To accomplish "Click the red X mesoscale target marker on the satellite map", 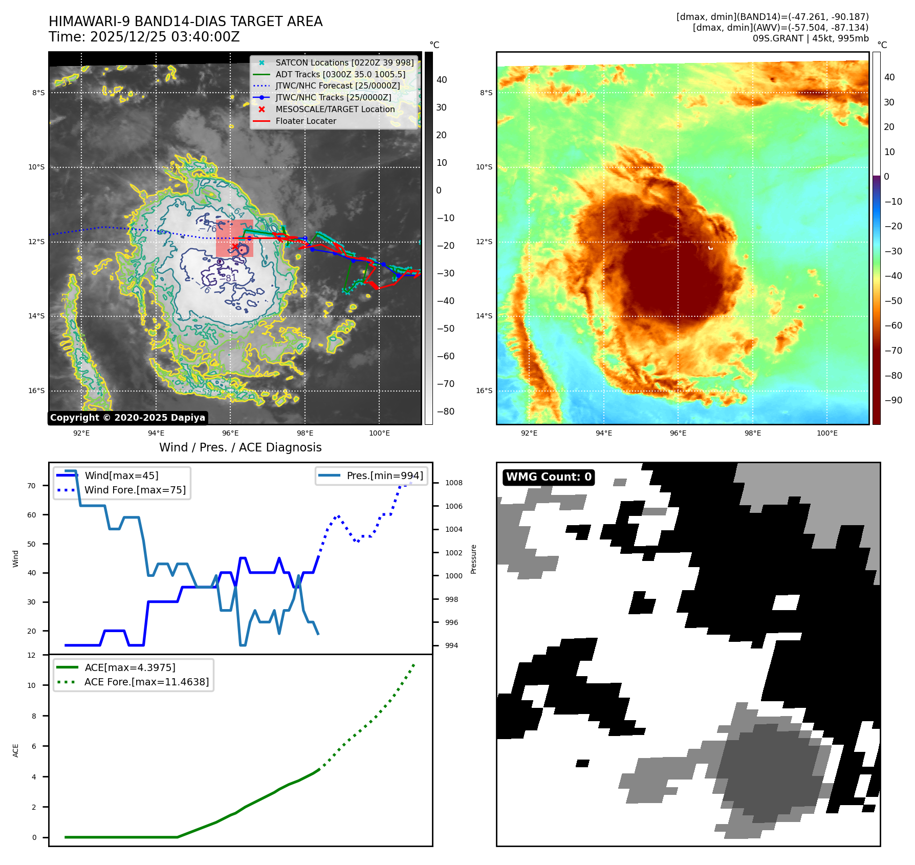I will tap(235, 247).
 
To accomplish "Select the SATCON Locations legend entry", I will tap(344, 62).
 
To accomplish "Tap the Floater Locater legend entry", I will tap(306, 121).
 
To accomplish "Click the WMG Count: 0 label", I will tap(549, 477).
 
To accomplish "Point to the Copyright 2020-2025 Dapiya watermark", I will tap(127, 418).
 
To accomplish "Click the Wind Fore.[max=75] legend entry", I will tap(135, 490).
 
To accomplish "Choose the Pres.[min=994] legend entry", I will tap(385, 475).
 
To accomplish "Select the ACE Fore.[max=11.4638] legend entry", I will tap(146, 682).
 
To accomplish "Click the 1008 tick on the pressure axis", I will tap(453, 483).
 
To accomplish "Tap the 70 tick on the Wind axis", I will tap(32, 486).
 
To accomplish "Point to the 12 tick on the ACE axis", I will tap(32, 655).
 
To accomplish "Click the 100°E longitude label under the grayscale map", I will tap(379, 433).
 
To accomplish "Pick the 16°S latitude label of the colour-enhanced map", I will tap(484, 391).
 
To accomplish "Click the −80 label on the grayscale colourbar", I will tap(445, 412).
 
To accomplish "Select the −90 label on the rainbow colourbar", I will tap(893, 400).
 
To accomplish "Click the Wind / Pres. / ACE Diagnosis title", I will tap(241, 447).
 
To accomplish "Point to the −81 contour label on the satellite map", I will tap(231, 278).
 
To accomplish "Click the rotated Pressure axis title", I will tap(474, 559).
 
